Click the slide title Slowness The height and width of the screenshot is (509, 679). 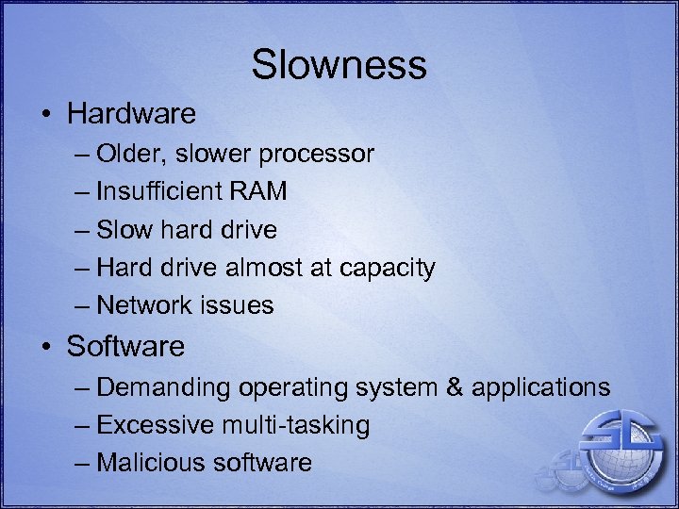coord(339,65)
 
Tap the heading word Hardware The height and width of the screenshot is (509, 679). coord(131,114)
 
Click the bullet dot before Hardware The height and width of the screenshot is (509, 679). coord(45,115)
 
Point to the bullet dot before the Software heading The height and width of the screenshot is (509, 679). coord(45,347)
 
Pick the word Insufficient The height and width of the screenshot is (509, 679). coord(157,191)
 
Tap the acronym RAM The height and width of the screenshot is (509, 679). coord(256,191)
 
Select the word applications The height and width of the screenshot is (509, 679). coord(540,387)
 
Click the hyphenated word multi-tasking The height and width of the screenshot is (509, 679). coord(295,425)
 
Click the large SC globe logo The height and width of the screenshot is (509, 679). coord(618,444)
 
